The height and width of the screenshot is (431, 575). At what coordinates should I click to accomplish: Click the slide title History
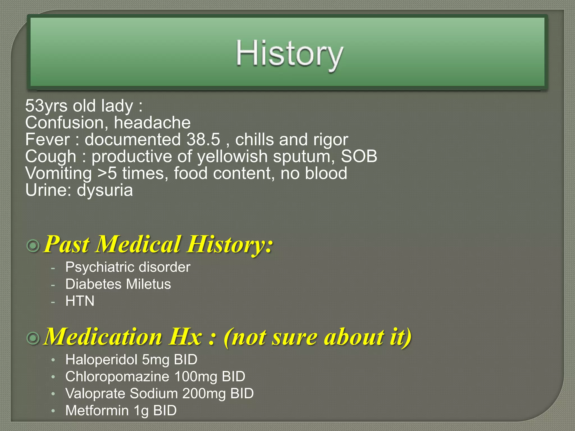pyautogui.click(x=289, y=54)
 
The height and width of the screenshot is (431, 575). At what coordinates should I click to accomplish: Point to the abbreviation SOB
pyautogui.click(x=359, y=156)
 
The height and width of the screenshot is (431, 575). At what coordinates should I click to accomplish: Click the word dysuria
pyautogui.click(x=105, y=191)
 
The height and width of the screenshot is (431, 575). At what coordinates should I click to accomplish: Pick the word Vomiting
pyautogui.click(x=58, y=173)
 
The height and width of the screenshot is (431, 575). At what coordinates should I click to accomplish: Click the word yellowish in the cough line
pyautogui.click(x=232, y=156)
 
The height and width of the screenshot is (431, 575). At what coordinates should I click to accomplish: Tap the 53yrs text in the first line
pyautogui.click(x=46, y=106)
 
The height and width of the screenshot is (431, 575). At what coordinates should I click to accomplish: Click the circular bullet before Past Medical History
pyautogui.click(x=33, y=246)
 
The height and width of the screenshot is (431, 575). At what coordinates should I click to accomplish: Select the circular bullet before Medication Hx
pyautogui.click(x=33, y=338)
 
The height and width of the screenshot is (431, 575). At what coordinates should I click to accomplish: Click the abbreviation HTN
pyautogui.click(x=80, y=301)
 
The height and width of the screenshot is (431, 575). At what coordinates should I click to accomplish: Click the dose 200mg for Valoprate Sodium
pyautogui.click(x=204, y=393)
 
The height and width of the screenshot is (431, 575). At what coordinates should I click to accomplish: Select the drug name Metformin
pyautogui.click(x=97, y=411)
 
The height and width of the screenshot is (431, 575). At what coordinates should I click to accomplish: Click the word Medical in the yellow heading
pyautogui.click(x=138, y=244)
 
